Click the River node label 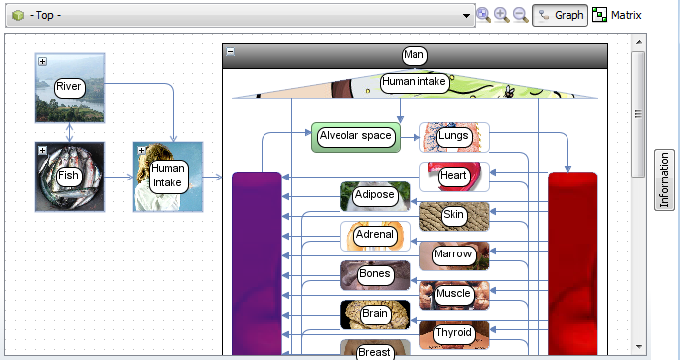69,87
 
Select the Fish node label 69,176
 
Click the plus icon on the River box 42,61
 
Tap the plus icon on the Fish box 42,150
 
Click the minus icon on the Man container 231,52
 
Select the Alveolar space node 355,137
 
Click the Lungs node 454,137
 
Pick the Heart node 454,177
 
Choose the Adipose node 375,196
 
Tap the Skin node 454,216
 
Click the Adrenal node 375,236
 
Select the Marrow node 454,255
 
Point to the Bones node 375,275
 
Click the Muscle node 454,296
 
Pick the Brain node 375,315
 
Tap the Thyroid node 454,335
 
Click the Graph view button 560,15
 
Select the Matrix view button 616,15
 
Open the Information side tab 664,180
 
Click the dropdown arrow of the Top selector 466,16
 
